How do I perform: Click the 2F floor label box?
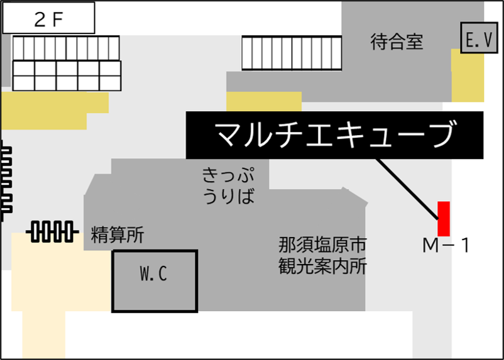click(48, 18)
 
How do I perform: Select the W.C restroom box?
click(155, 280)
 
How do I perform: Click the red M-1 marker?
click(444, 218)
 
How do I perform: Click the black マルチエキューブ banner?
click(334, 134)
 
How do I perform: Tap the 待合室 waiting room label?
click(397, 42)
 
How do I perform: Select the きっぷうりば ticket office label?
click(229, 185)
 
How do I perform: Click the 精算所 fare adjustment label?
click(118, 236)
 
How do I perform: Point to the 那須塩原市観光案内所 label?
click(322, 255)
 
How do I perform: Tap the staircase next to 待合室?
click(292, 53)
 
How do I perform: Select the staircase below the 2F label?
click(67, 63)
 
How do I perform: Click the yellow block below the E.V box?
click(468, 75)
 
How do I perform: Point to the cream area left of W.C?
click(57, 276)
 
